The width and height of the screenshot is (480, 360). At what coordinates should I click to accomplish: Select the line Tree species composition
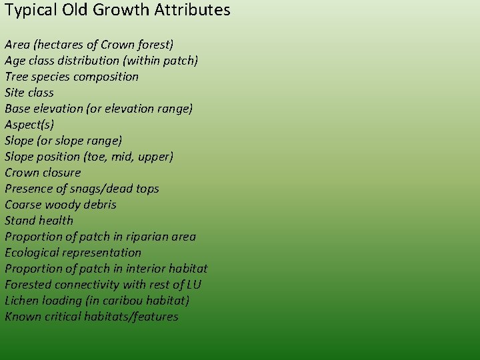pos(72,77)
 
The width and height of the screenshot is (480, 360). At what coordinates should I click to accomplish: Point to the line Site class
pos(29,93)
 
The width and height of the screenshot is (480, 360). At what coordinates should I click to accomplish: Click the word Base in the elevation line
pos(17,109)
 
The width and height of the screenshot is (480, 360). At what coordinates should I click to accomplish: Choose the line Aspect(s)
pos(29,125)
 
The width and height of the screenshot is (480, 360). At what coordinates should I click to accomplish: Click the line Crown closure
pos(43,173)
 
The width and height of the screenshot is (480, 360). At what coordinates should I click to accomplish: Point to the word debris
pos(99,205)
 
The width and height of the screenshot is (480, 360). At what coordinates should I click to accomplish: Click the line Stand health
pos(39,221)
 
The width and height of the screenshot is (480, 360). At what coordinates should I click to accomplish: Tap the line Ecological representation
pos(73,253)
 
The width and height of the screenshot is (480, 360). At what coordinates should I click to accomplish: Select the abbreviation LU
pos(195,285)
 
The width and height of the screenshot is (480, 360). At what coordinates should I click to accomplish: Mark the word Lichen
pos(21,301)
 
